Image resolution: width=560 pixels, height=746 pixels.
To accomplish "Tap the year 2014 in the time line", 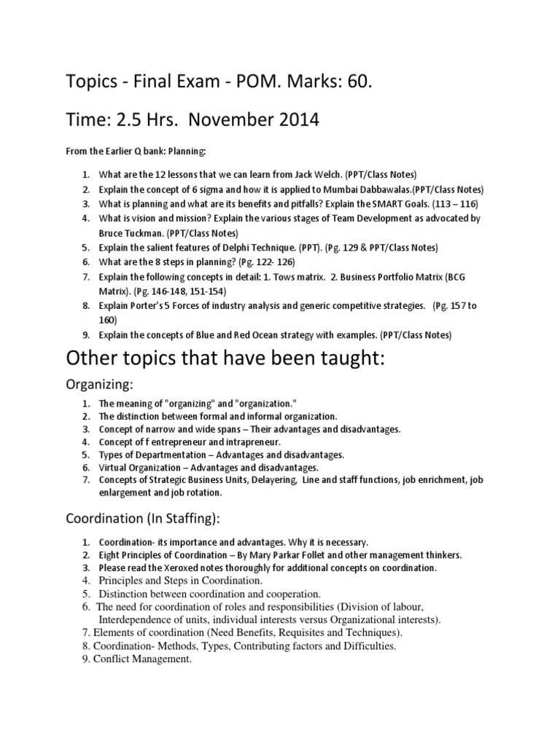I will [x=289, y=119].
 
